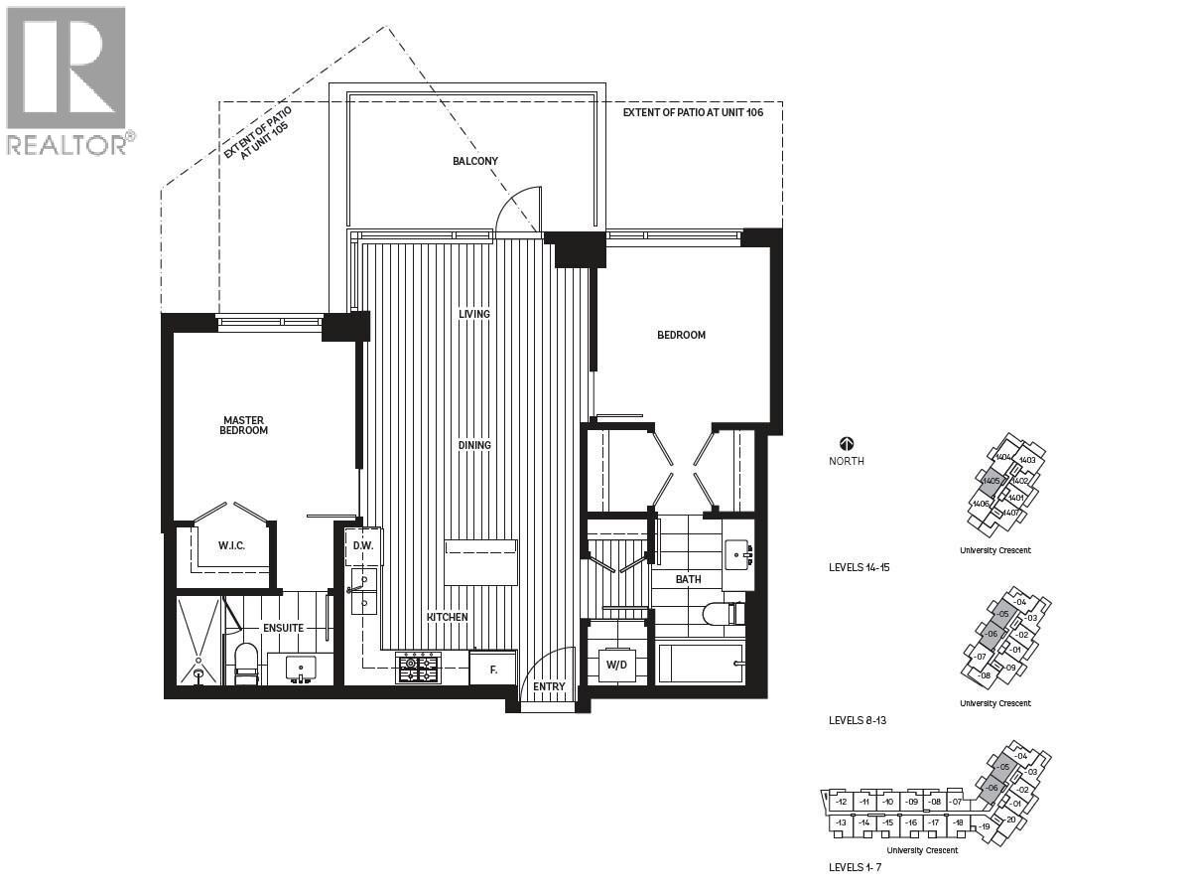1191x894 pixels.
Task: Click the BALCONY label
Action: (x=474, y=161)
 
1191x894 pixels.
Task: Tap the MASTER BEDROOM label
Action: (x=244, y=425)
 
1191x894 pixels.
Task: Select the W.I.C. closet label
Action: (x=230, y=547)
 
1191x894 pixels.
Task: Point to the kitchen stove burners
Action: (x=418, y=669)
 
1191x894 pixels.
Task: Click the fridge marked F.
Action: (x=493, y=669)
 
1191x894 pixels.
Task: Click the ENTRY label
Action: (x=548, y=686)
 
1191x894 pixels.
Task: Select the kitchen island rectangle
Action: (x=480, y=562)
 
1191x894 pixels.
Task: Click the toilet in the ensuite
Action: (x=246, y=664)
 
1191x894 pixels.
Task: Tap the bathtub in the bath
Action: (x=700, y=663)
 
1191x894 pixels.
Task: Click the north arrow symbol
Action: (x=847, y=444)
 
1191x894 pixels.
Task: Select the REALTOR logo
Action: (x=67, y=79)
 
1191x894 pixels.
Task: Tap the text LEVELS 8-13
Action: (x=858, y=720)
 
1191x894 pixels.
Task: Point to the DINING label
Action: (x=474, y=445)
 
